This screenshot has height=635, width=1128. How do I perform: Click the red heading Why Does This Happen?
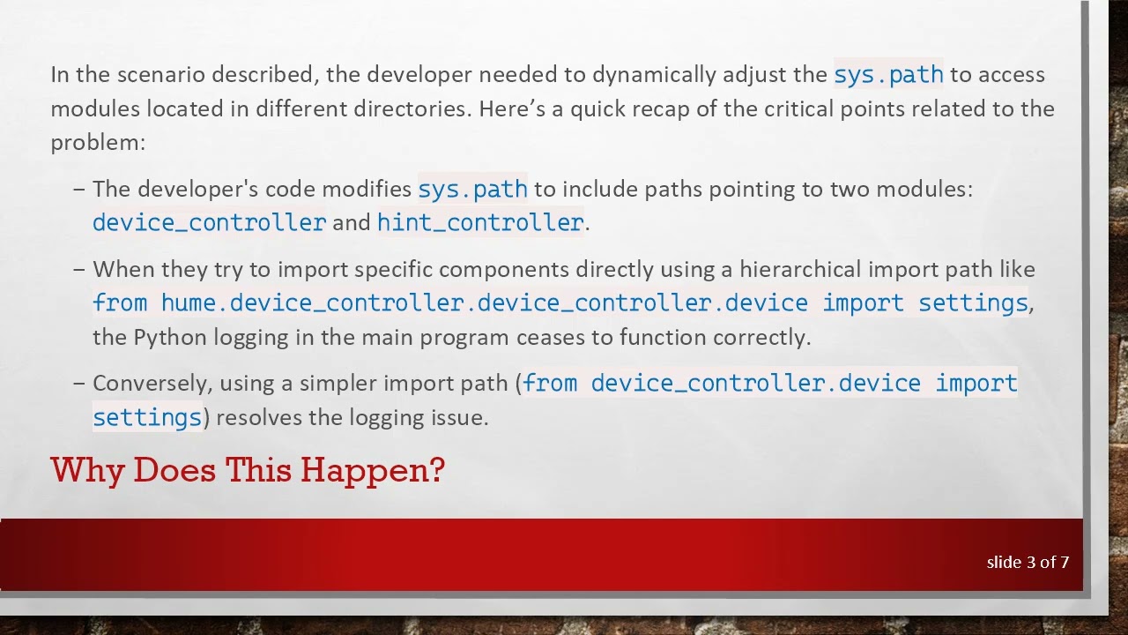point(248,470)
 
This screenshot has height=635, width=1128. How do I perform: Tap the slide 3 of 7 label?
point(1028,562)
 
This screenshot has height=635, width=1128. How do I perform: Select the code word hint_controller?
point(480,222)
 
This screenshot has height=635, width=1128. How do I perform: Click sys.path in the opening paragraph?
point(888,74)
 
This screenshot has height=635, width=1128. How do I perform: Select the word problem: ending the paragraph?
point(97,142)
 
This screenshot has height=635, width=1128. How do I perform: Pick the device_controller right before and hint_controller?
point(209,222)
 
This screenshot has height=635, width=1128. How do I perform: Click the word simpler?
point(336,383)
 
